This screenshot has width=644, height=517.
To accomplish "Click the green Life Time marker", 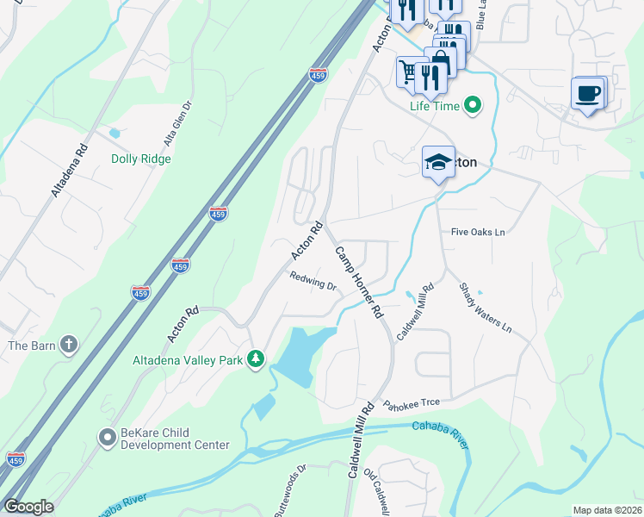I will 472,106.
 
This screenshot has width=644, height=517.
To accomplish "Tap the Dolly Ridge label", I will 141,159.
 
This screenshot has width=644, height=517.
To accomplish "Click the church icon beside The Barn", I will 68,346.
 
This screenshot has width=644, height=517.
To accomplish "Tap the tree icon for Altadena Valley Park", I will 255,358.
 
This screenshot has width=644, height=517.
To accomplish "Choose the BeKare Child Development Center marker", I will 107,438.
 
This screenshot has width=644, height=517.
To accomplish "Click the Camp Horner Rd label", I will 358,282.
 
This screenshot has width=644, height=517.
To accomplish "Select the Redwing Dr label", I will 313,282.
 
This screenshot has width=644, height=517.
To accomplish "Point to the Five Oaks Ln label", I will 478,233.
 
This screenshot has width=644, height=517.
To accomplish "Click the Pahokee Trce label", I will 412,404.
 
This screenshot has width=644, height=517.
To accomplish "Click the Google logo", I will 28,507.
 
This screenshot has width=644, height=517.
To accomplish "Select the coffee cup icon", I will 588,93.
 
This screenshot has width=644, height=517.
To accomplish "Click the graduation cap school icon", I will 437,162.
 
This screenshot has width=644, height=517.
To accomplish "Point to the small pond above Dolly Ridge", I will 115,134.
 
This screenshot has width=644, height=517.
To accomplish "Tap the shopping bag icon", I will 440,60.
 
